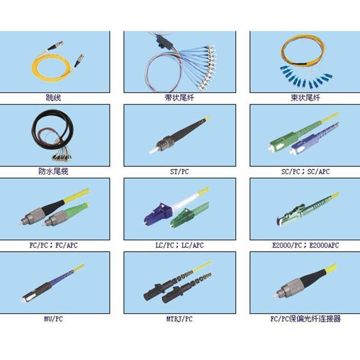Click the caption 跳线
pyautogui.click(x=53, y=98)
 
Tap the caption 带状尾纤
pyautogui.click(x=180, y=98)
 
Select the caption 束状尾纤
pyautogui.click(x=305, y=98)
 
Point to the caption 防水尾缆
pyautogui.click(x=53, y=171)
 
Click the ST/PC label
pyautogui.click(x=180, y=171)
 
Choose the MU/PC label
pyautogui.click(x=53, y=319)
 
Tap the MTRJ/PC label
pyautogui.click(x=180, y=319)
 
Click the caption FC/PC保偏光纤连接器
pyautogui.click(x=305, y=319)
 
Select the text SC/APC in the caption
pyautogui.click(x=318, y=171)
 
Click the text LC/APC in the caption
pyautogui.click(x=192, y=245)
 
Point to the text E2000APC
pyautogui.click(x=324, y=245)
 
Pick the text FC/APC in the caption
pyautogui.click(x=66, y=245)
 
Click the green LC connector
pyautogui.click(x=182, y=217)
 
